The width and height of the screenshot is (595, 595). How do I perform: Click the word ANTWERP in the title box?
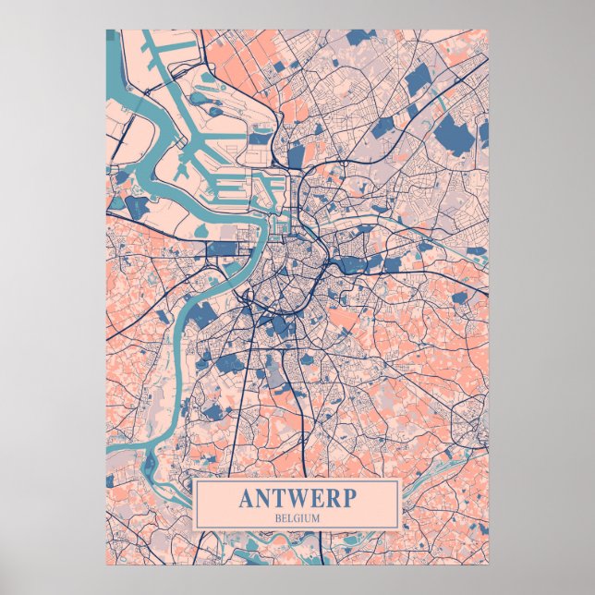coord(297,498)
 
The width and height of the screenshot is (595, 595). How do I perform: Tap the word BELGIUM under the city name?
coord(297,517)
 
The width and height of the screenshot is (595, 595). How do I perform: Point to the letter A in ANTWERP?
coord(247,498)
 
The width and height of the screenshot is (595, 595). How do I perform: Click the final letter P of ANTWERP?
coord(348,498)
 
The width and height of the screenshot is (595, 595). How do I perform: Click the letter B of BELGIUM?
coord(277,517)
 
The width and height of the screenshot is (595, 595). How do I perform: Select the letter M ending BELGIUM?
coord(316,517)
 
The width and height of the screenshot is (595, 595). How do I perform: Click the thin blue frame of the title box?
coord(297,481)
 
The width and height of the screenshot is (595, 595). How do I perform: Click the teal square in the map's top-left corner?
coord(112,35)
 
